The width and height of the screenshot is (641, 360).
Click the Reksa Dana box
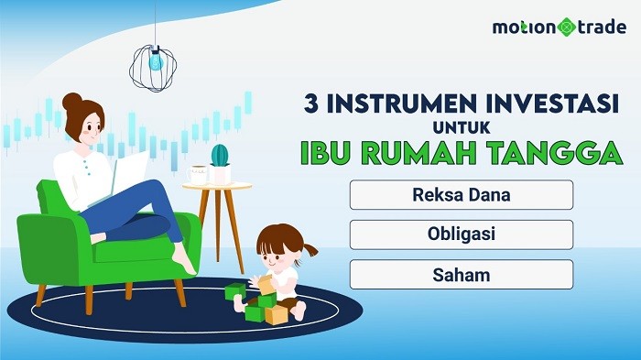(x=461, y=195)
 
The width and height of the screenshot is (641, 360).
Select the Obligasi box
(x=461, y=235)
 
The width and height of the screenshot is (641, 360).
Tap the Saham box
(x=461, y=274)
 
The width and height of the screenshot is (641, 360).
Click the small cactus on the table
(x=220, y=156)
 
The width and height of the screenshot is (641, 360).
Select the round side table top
(x=216, y=186)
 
